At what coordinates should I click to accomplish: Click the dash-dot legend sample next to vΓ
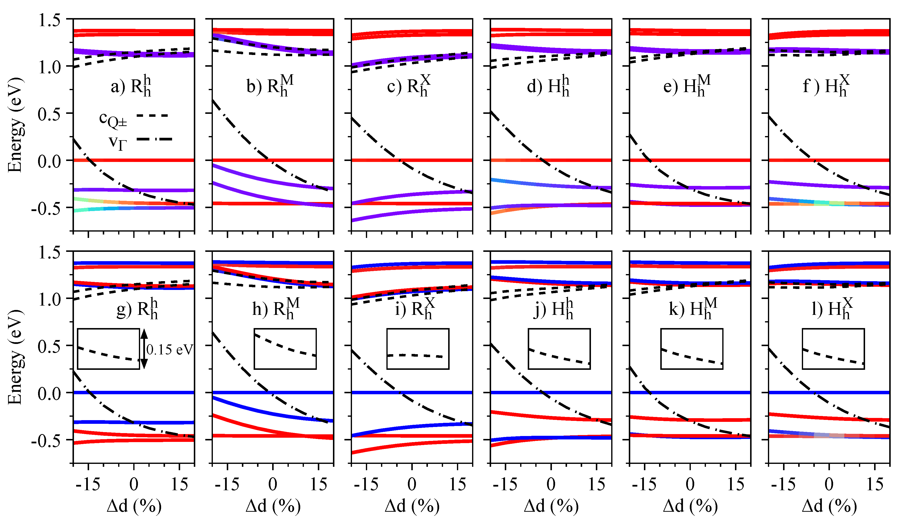(154, 139)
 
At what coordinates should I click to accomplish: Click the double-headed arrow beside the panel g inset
(144, 349)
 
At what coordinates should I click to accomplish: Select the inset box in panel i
(418, 349)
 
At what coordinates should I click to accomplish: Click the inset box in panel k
(692, 349)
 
